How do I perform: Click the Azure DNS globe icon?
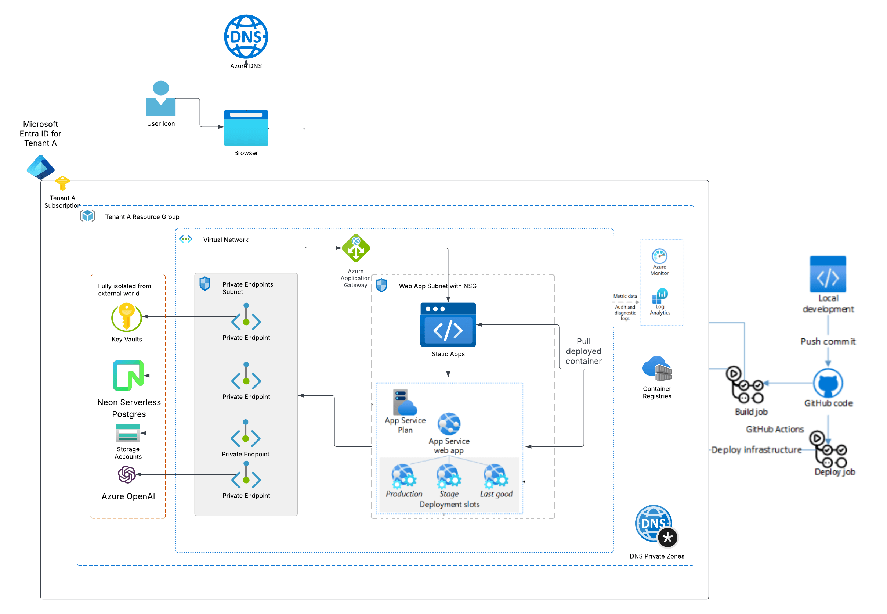click(x=246, y=36)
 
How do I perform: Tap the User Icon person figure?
click(x=161, y=99)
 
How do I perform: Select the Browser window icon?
click(x=246, y=128)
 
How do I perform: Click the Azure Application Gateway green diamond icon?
click(x=356, y=248)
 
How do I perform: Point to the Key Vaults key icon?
click(x=126, y=317)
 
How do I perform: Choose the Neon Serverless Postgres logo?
click(x=128, y=376)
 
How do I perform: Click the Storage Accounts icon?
click(x=128, y=433)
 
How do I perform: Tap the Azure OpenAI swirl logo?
click(x=127, y=474)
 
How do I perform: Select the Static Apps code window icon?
click(x=448, y=325)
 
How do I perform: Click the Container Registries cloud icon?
click(x=657, y=368)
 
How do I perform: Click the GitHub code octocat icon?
click(x=828, y=383)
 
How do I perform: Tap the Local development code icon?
click(x=828, y=274)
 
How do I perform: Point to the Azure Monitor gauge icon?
click(x=659, y=256)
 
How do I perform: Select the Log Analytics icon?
click(x=660, y=296)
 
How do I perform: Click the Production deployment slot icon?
click(x=403, y=476)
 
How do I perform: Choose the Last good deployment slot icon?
click(x=496, y=476)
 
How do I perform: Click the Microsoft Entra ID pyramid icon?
click(x=40, y=167)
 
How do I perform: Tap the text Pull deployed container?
click(x=583, y=351)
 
